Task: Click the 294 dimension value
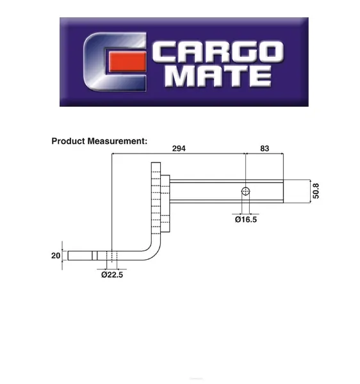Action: click(x=179, y=148)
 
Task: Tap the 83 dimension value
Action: click(x=265, y=148)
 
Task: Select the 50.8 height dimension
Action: click(x=316, y=191)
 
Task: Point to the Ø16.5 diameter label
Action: click(x=246, y=220)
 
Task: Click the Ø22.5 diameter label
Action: click(x=112, y=275)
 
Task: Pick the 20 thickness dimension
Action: click(x=56, y=255)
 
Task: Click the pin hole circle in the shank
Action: click(x=245, y=191)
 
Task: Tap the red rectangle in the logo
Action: click(x=127, y=61)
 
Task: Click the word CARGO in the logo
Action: click(x=218, y=51)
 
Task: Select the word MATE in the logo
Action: click(x=218, y=76)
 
